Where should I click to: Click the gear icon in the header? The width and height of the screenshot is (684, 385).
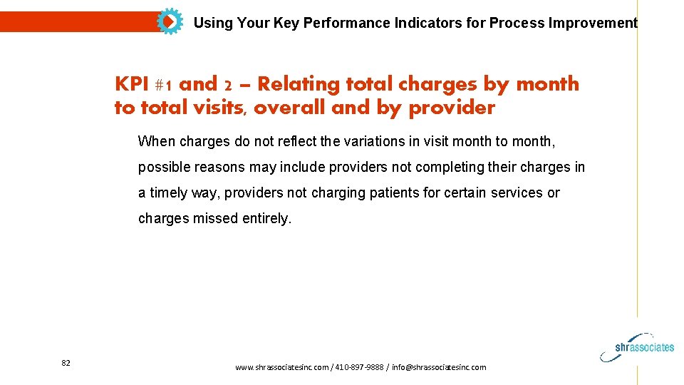(x=169, y=22)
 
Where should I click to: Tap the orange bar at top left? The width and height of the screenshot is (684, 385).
(x=78, y=22)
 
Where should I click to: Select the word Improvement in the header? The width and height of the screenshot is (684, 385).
(x=593, y=23)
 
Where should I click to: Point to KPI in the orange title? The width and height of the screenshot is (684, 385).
(x=130, y=84)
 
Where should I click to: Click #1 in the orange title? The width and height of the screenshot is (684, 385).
(x=163, y=85)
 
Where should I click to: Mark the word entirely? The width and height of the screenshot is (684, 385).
(x=266, y=218)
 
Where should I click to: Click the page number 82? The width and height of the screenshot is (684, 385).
(x=66, y=364)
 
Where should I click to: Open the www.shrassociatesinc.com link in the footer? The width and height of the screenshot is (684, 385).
(x=281, y=367)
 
